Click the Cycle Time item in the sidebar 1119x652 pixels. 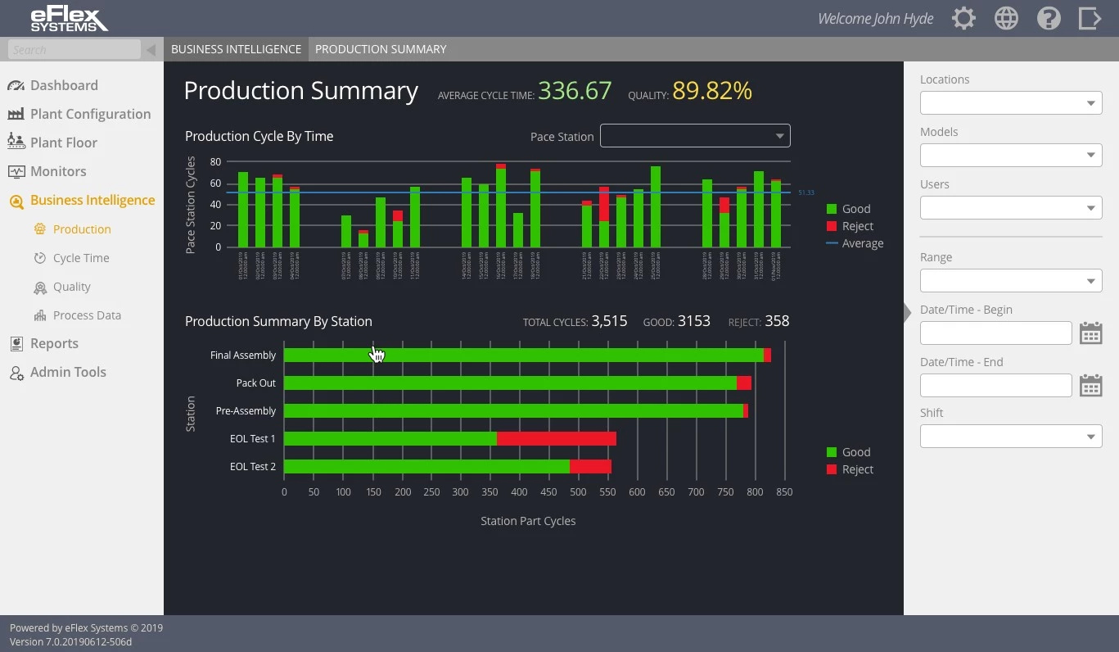80,258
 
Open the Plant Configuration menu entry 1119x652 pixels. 90,114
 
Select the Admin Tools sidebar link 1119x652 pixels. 68,372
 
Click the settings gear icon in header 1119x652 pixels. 963,19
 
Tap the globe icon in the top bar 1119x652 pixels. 1006,19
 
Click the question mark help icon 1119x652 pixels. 1049,19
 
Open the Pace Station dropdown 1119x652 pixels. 695,136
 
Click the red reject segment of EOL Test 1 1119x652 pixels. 557,439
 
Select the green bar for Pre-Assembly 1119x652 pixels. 513,411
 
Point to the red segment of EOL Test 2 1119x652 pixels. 590,467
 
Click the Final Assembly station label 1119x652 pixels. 243,355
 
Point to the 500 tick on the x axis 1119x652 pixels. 578,492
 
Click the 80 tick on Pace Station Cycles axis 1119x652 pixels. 215,162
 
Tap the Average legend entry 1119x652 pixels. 862,243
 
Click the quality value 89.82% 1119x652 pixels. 712,91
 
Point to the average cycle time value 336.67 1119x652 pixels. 575,91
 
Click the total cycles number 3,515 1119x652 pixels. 609,321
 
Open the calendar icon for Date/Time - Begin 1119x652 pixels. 1090,333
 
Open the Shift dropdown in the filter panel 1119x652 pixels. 1010,437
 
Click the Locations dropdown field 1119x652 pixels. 1010,103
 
